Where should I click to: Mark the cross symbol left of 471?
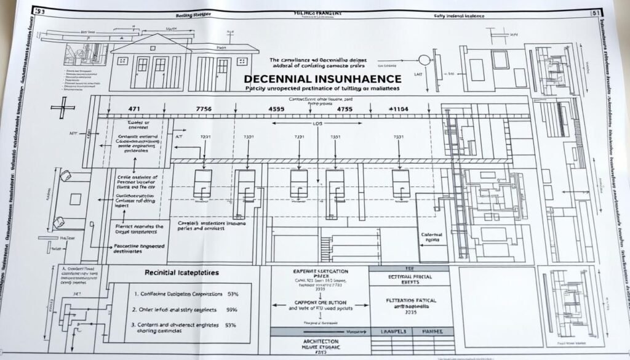pyautogui.click(x=62, y=110)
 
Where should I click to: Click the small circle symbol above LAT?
pyautogui.click(x=423, y=60)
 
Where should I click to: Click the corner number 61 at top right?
pyautogui.click(x=594, y=12)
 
